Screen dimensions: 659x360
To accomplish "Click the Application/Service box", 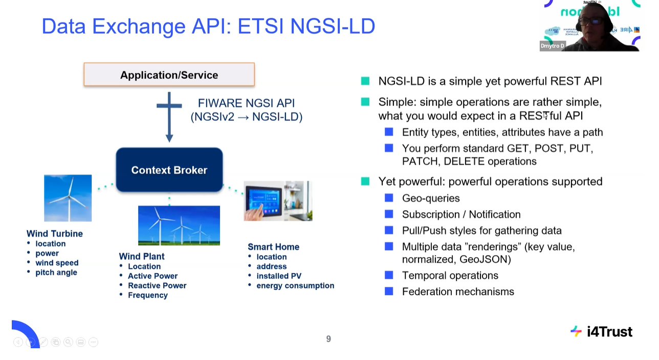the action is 169,75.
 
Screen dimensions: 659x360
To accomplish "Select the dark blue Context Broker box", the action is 169,170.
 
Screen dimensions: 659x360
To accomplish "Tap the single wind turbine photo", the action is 68,198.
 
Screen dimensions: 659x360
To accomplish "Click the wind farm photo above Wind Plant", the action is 179,226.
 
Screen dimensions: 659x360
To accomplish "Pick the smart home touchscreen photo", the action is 278,201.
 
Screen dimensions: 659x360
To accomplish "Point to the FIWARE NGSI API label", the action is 246,103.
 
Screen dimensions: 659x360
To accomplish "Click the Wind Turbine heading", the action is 55,234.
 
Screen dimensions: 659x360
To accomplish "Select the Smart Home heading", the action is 273,246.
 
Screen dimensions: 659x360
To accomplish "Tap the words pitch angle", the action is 56,273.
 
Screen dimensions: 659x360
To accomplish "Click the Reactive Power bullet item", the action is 157,285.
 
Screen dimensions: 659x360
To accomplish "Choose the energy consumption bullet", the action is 295,285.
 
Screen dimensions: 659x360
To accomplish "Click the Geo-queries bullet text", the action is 431,198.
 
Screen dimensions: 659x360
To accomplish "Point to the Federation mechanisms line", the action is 458,291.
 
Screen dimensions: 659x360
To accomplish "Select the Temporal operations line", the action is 450,275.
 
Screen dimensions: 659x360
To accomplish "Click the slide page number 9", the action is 328,339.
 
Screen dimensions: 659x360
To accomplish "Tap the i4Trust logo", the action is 601,332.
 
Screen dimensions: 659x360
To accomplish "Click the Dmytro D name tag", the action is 552,46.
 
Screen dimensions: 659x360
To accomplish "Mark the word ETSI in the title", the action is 260,26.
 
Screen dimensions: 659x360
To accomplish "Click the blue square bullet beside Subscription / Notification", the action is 389,214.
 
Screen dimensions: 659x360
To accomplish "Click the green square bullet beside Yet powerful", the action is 365,181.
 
